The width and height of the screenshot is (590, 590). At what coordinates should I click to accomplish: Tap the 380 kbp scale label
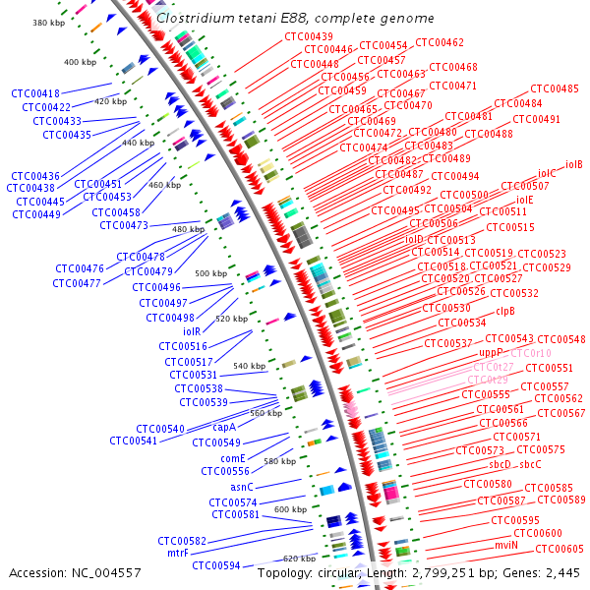48,23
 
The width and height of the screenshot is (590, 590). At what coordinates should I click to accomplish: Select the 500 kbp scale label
210,272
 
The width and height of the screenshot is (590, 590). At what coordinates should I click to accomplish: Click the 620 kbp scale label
299,558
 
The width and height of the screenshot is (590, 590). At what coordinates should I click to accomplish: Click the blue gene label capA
225,428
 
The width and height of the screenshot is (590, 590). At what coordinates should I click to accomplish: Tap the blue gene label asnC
242,487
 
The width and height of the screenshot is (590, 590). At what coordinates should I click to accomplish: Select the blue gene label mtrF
177,553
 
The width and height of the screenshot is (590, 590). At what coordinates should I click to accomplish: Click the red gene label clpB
505,311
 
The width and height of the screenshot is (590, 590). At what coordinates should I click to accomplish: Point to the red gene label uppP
491,352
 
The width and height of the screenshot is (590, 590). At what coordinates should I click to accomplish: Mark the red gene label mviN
505,545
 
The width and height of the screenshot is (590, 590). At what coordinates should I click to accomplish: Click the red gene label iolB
574,164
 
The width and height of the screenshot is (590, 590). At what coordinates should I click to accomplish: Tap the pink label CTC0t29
490,380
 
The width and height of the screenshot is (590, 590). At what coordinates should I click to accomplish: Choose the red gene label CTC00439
309,36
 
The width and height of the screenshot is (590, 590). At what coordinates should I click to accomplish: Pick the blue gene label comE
233,458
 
